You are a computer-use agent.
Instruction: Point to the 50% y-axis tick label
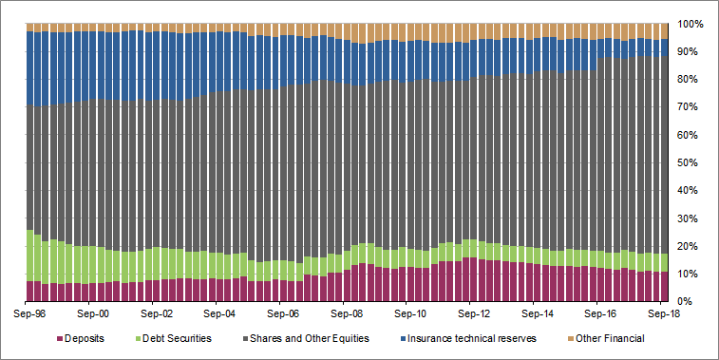(x=691, y=162)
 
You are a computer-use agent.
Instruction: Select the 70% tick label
(x=691, y=106)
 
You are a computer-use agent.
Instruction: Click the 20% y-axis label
(x=691, y=246)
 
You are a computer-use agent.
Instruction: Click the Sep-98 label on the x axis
(x=31, y=311)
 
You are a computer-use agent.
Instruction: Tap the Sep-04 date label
(x=219, y=311)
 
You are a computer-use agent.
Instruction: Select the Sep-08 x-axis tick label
(x=345, y=311)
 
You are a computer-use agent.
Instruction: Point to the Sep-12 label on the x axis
(x=470, y=311)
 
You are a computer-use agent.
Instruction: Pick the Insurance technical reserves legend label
(x=473, y=338)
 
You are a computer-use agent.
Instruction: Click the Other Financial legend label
(x=606, y=338)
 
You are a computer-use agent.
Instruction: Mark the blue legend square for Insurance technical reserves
(x=405, y=338)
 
